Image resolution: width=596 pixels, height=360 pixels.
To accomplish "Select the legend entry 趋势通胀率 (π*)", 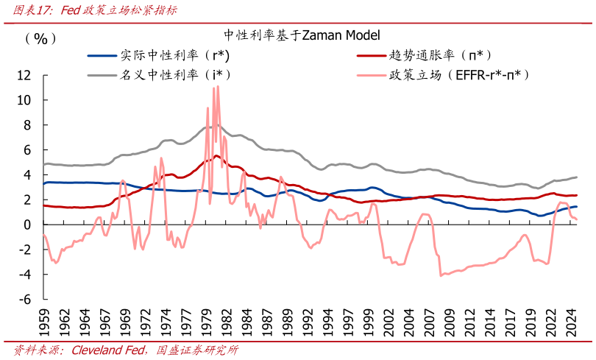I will pyautogui.click(x=441, y=55).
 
